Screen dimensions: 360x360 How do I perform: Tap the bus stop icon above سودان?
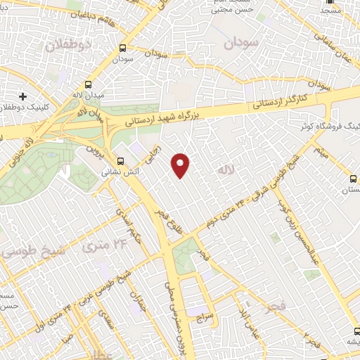click(123, 49)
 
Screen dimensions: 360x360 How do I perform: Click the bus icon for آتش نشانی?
click(120, 160)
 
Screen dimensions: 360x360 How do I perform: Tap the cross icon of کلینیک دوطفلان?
click(22, 96)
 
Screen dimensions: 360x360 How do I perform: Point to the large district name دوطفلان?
click(70, 46)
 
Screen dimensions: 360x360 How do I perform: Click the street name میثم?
click(321, 150)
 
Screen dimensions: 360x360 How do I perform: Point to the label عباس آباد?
click(245, 321)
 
